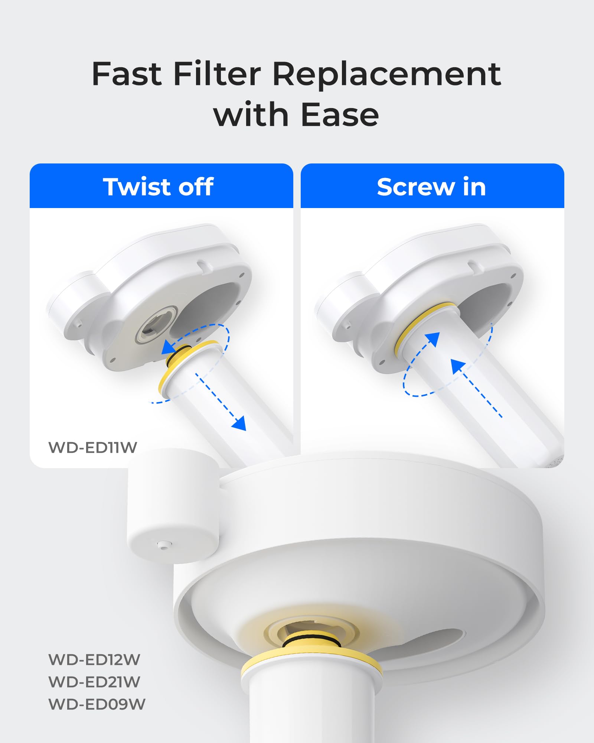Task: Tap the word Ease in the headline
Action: click(x=340, y=115)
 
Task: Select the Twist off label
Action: click(x=159, y=186)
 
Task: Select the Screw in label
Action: click(x=431, y=186)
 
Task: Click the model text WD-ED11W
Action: click(x=93, y=447)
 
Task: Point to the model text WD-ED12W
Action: click(x=94, y=660)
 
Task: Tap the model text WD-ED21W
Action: click(x=94, y=682)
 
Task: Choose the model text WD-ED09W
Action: click(x=97, y=704)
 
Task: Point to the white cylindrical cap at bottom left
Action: click(x=173, y=505)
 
